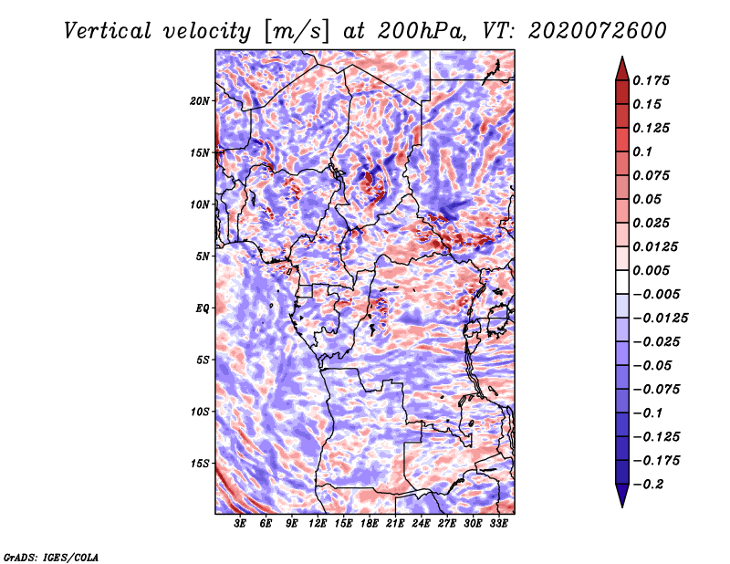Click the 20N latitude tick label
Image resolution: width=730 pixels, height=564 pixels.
coord(200,100)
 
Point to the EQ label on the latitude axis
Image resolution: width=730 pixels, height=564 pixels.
coord(203,308)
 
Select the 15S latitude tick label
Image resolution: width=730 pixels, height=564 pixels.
coord(200,464)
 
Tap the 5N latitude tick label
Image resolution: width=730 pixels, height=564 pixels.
coord(203,256)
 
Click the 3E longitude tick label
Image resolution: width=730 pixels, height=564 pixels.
coord(241,524)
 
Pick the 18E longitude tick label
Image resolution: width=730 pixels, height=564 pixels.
coord(370,524)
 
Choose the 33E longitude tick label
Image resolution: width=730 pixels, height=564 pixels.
coord(498,524)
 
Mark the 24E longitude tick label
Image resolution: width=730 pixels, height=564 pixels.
coord(422,524)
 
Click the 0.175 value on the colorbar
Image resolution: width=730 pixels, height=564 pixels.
coord(652,80)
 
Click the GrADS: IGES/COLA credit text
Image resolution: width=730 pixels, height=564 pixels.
coord(51,556)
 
